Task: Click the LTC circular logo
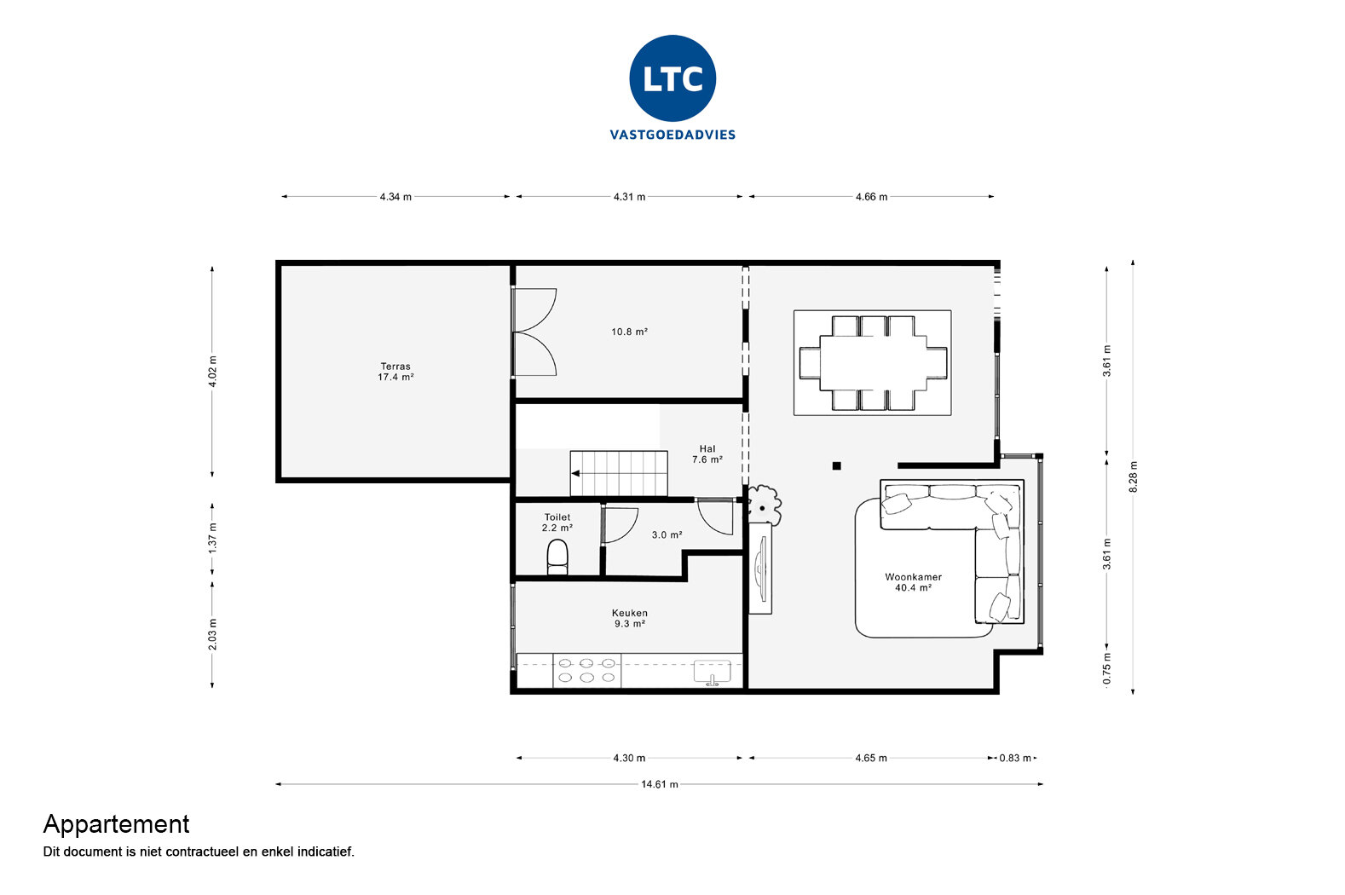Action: (x=672, y=78)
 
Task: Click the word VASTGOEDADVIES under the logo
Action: (x=672, y=135)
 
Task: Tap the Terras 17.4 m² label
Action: (x=395, y=372)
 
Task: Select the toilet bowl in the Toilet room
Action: (x=557, y=557)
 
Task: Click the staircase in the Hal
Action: (x=619, y=473)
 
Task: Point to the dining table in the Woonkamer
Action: (x=873, y=362)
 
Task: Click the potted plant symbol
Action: (x=763, y=503)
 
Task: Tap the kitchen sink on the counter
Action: (x=712, y=671)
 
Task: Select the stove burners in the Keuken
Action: (x=586, y=670)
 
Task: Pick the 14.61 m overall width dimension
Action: (x=660, y=784)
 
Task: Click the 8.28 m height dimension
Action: (x=1133, y=476)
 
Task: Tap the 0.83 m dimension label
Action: (x=1015, y=758)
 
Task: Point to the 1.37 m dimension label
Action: (x=213, y=537)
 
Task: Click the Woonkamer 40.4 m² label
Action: (x=913, y=582)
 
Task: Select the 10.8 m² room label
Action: (x=629, y=332)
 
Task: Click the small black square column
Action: (x=836, y=465)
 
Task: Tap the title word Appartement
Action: (x=116, y=824)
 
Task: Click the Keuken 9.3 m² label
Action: (x=629, y=618)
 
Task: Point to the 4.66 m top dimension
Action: (x=871, y=197)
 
